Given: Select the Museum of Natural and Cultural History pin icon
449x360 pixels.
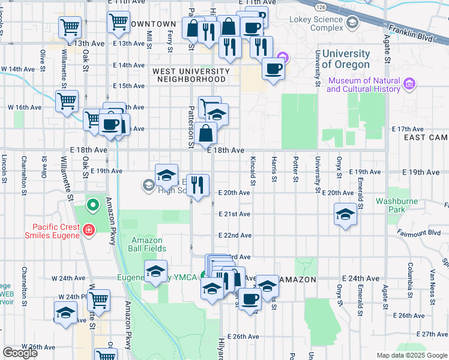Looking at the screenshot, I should point(410,83).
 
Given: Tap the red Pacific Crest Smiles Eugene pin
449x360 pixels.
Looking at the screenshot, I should point(89,229).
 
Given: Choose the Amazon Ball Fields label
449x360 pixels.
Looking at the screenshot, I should point(148,244).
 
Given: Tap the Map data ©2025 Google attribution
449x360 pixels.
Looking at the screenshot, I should point(412,355).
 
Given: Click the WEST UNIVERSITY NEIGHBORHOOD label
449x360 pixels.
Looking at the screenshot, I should point(191,75).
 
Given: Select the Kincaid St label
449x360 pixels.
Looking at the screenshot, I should point(253,172).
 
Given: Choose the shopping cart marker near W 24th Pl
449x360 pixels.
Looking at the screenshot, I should point(98,299).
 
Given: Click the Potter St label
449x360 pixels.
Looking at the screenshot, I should point(295,171).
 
